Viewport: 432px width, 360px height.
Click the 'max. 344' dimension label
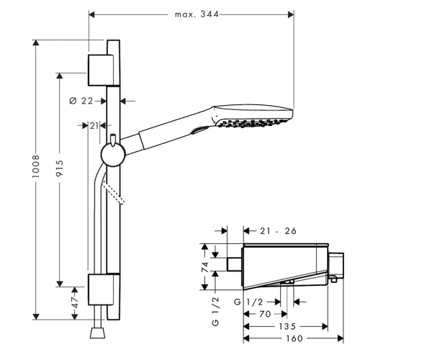[197, 14]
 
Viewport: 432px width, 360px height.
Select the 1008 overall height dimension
[36, 166]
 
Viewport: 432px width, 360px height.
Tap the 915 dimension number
[60, 168]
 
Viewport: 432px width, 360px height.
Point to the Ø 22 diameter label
[81, 101]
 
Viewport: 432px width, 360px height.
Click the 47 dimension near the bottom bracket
[75, 302]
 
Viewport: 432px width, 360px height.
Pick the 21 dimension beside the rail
[94, 125]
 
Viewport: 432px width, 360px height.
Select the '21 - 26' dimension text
[278, 231]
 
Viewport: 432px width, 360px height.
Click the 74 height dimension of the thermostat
[205, 267]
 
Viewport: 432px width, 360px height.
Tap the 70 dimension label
[265, 314]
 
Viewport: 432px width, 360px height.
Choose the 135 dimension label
[287, 326]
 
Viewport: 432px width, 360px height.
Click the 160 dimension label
[294, 338]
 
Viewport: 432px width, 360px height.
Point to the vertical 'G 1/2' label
[215, 312]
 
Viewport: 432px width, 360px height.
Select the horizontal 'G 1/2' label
[248, 302]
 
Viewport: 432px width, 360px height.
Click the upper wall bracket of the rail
[101, 71]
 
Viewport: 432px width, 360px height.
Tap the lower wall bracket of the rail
[101, 289]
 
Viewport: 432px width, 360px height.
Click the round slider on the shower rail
[113, 155]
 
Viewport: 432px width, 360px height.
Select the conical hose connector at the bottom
[97, 333]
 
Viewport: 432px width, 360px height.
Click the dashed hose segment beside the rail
[113, 194]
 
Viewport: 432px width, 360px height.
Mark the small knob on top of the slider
[113, 139]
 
